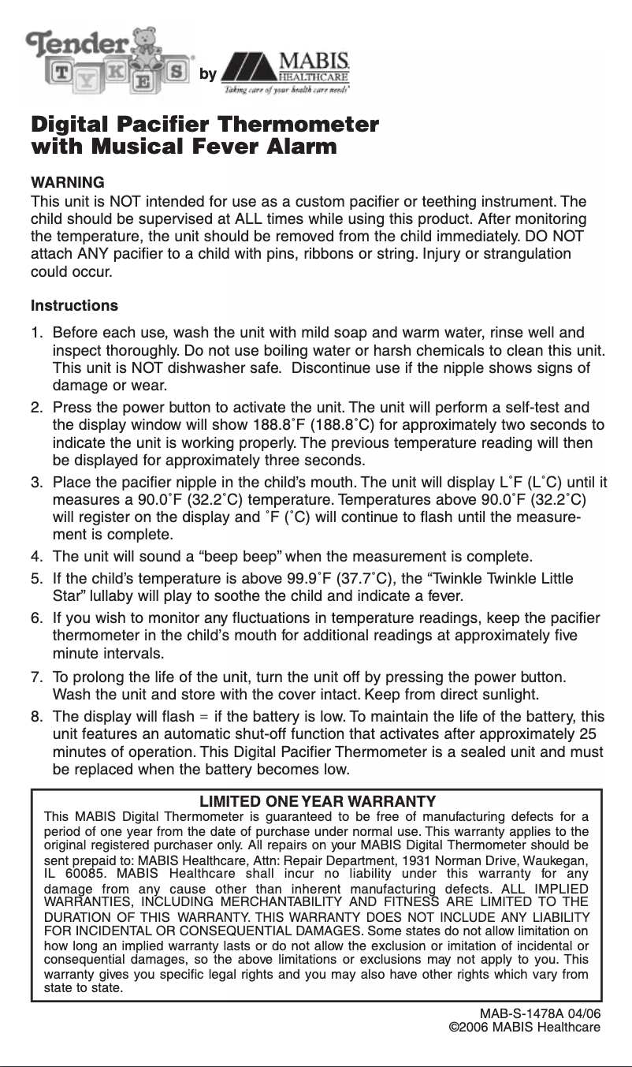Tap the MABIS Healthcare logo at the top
(285, 73)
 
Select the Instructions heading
(74, 305)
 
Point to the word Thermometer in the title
(297, 125)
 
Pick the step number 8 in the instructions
(36, 716)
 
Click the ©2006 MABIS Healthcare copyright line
(524, 1028)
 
